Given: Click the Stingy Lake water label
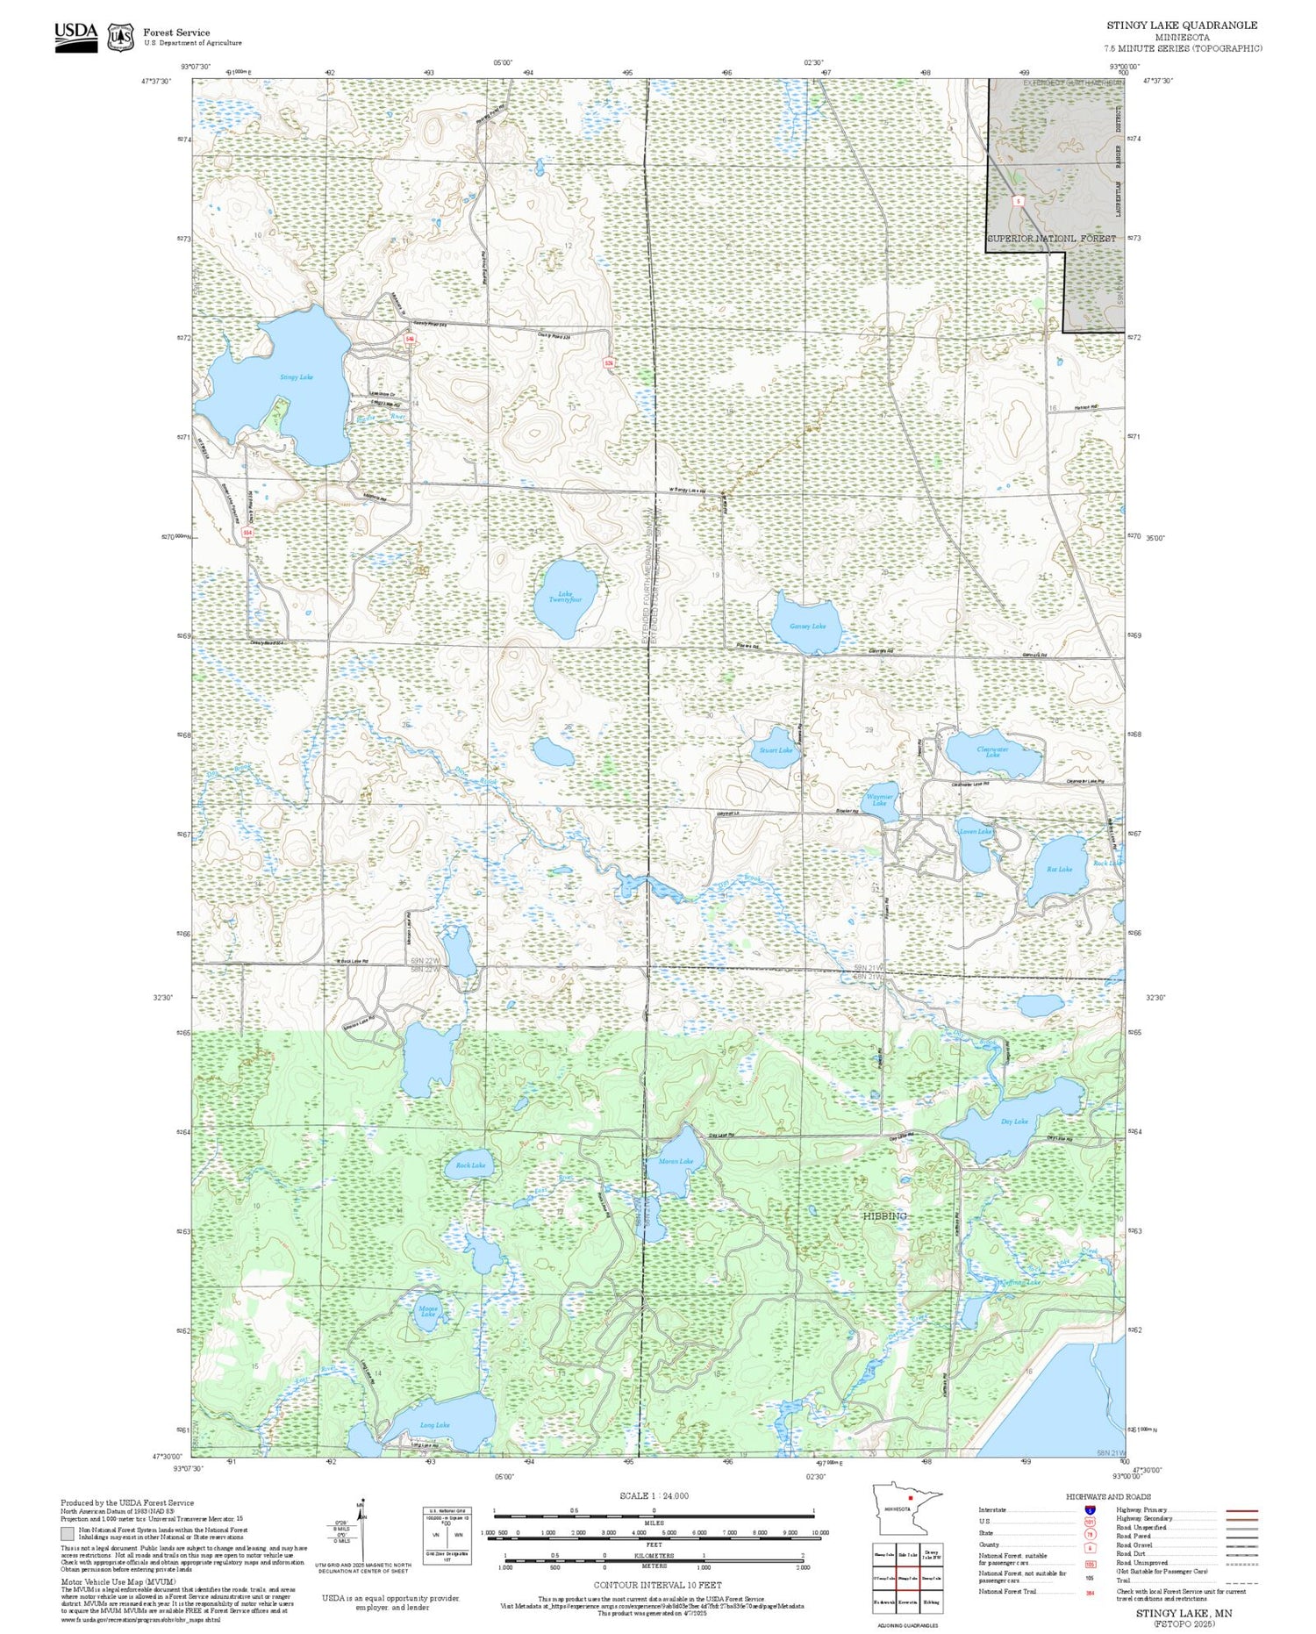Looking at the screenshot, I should (296, 377).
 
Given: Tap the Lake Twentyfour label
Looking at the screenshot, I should (565, 598).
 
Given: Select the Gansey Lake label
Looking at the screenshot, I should (807, 627).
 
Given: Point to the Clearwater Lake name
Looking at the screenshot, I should (992, 752).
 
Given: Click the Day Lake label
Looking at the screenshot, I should (1014, 1122).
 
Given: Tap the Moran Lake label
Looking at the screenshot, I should (676, 1161).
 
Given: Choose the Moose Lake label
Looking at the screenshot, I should (428, 1311).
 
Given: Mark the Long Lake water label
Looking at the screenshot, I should (434, 1425).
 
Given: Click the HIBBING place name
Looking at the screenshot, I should (884, 1216).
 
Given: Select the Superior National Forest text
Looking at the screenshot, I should (1051, 238).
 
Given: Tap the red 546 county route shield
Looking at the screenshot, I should (410, 339).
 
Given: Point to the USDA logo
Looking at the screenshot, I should (76, 36).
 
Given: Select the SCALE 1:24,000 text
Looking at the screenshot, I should (654, 1496).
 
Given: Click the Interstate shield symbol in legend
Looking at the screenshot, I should (1090, 1510).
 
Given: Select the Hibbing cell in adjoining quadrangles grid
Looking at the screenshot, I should (932, 1602).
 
